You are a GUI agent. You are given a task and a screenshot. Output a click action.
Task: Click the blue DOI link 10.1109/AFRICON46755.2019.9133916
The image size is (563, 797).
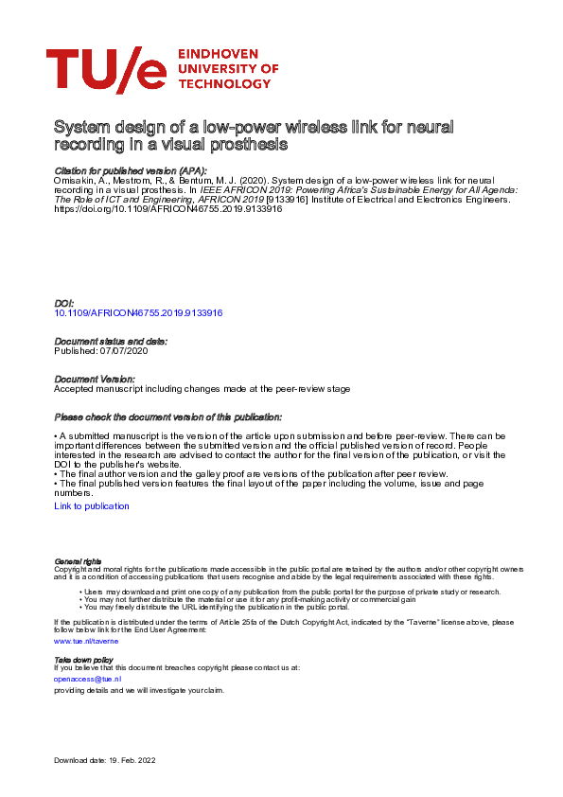[138, 312]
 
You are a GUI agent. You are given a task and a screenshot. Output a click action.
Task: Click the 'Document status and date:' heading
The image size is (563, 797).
[110, 341]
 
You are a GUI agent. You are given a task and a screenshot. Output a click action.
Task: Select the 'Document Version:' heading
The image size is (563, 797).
[96, 379]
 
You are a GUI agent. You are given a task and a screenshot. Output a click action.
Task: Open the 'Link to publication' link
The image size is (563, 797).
[92, 506]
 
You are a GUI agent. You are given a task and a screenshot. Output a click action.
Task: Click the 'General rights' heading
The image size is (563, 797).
[78, 561]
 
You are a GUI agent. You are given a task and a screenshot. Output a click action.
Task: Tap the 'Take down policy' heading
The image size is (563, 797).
[83, 659]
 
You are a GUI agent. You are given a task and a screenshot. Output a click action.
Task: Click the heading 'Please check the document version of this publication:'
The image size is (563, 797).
[167, 416]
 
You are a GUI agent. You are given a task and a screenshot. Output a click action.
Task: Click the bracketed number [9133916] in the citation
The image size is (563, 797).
[291, 200]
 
